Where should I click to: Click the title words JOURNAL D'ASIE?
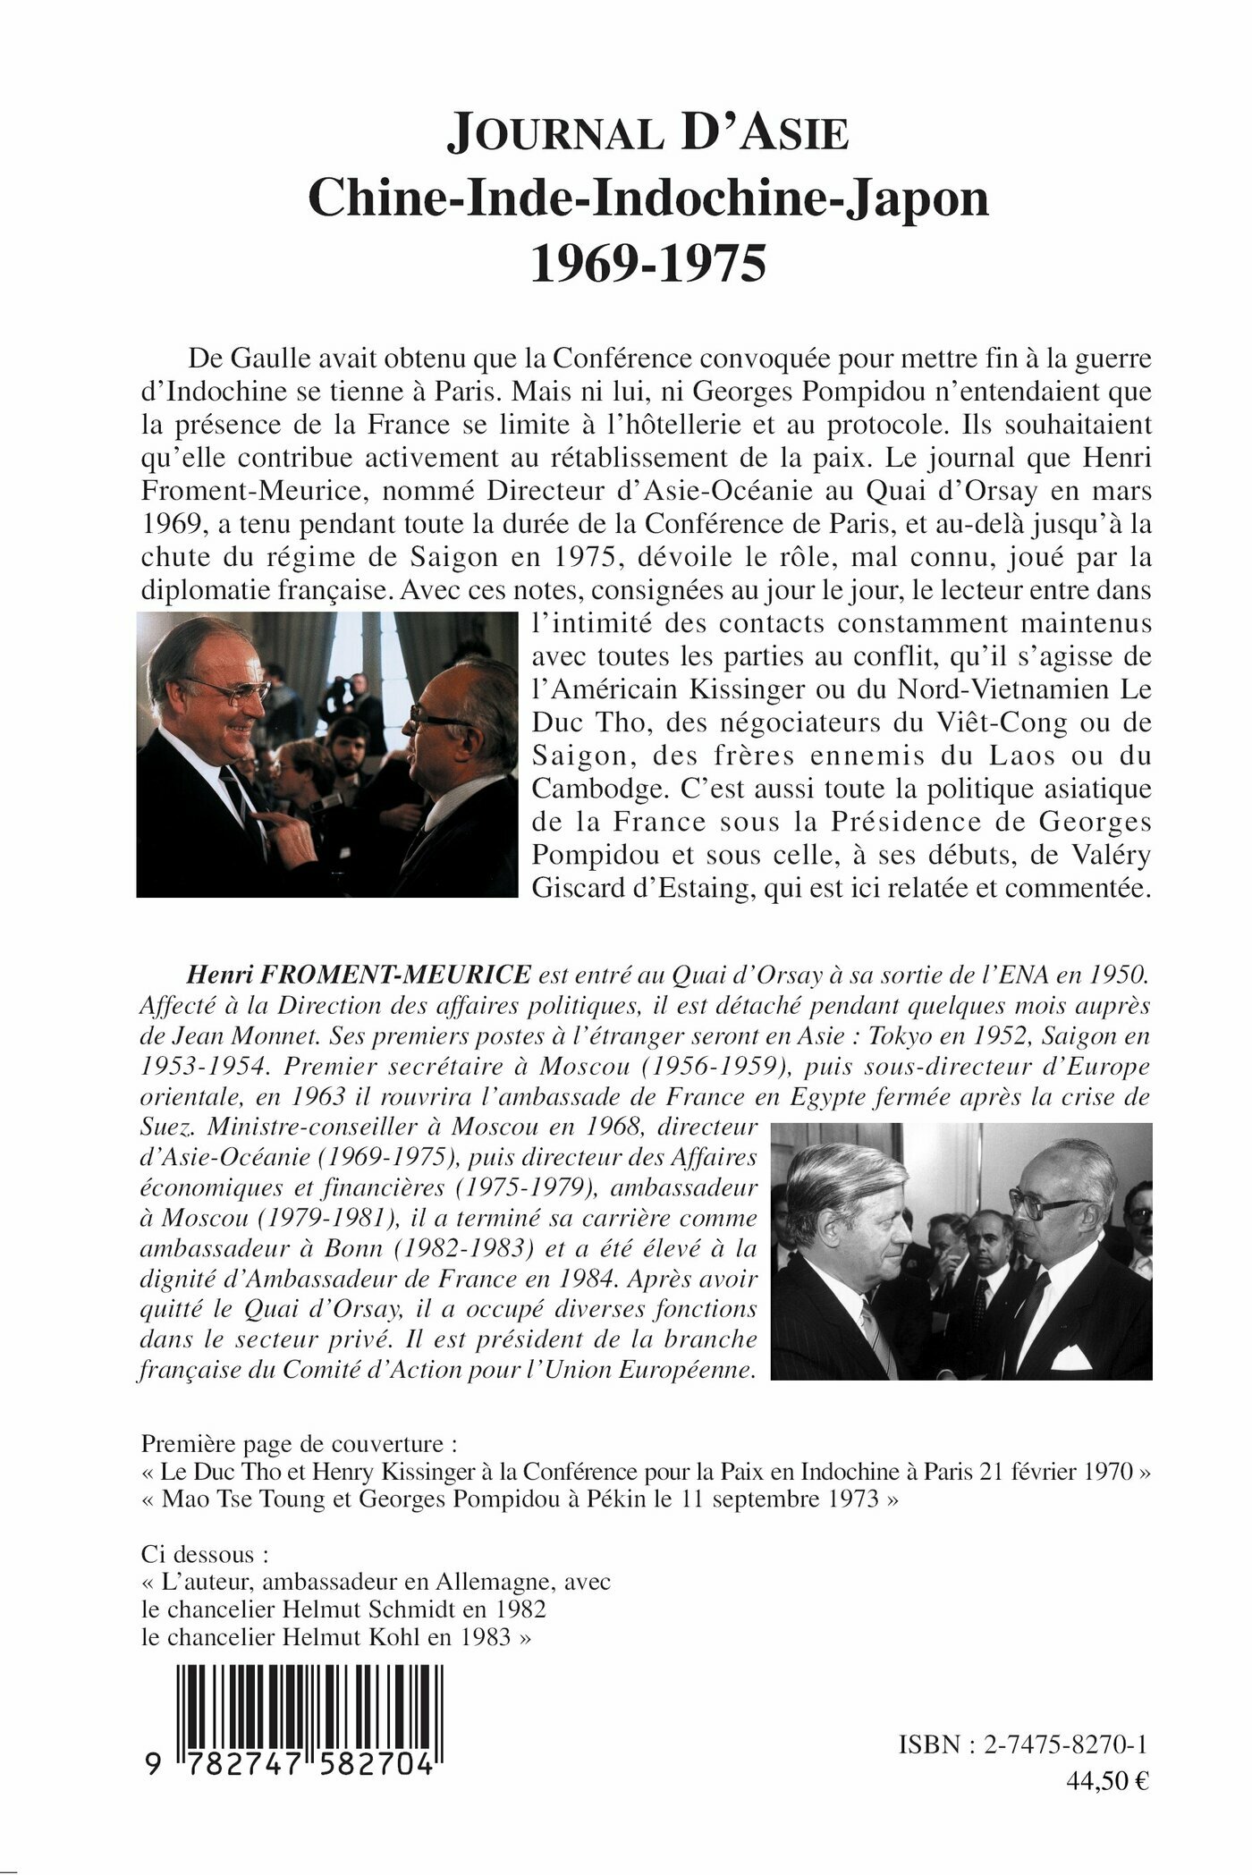coord(647,135)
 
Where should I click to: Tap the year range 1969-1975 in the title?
coord(648,266)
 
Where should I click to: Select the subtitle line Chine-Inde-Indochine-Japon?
coord(648,199)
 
